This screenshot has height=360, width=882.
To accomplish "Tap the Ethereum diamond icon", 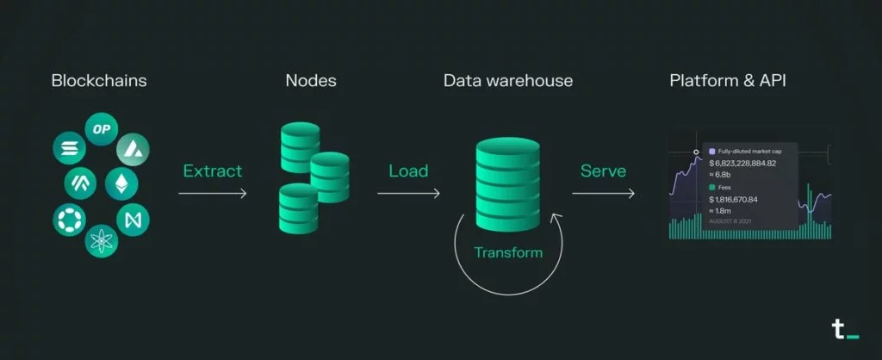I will (121, 183).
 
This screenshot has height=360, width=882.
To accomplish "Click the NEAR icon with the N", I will (133, 219).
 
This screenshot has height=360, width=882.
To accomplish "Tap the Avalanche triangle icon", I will (132, 148).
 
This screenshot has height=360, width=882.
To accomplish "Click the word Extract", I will (212, 171).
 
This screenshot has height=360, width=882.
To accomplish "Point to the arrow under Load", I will (408, 193).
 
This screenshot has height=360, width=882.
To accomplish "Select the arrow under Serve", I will (603, 193).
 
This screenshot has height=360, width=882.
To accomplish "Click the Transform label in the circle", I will (508, 252).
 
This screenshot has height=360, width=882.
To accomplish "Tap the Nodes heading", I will (311, 81).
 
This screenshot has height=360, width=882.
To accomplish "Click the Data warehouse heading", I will (508, 81).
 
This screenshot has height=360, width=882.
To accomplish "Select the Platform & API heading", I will (728, 81).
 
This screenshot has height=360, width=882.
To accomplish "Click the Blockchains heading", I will (99, 81).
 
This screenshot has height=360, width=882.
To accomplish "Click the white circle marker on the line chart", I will (697, 152).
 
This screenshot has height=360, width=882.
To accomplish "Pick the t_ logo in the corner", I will (840, 328).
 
